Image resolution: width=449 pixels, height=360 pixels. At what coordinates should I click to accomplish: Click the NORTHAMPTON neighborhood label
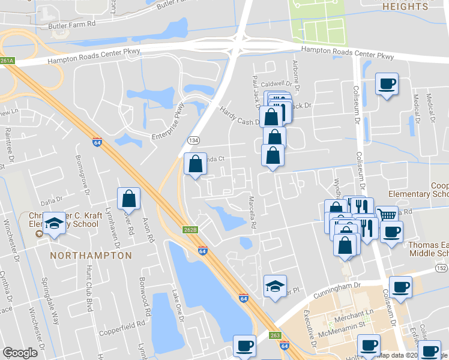tap(91, 255)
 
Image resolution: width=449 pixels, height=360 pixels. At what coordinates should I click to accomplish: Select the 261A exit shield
tap(7, 61)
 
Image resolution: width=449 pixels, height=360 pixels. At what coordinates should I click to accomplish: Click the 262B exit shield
tap(190, 230)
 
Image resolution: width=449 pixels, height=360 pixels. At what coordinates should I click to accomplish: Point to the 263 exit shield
tap(276, 335)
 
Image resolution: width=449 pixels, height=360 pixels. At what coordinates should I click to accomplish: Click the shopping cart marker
tap(387, 214)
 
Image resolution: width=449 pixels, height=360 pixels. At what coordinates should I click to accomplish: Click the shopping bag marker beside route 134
tap(195, 163)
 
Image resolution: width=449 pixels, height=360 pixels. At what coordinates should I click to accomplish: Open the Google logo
tap(20, 353)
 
